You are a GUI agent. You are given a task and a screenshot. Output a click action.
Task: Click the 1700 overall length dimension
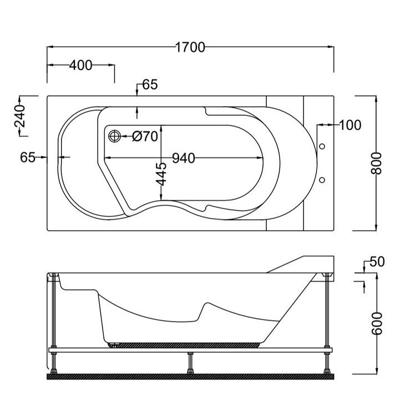point(190,47)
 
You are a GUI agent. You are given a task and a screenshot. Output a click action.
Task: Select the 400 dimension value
point(80,65)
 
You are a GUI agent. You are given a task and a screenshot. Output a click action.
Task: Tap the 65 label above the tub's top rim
point(150,85)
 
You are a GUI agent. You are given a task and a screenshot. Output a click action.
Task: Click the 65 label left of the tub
point(28,158)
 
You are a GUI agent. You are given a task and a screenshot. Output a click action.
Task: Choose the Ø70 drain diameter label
point(146,136)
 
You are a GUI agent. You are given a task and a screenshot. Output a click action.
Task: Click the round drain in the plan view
point(115,136)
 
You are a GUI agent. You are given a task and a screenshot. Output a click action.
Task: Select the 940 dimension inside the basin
point(183,158)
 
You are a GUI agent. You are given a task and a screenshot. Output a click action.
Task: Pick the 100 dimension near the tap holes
point(349,125)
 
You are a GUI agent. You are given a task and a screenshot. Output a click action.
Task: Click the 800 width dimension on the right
point(377,163)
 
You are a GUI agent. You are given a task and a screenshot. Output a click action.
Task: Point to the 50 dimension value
point(377,262)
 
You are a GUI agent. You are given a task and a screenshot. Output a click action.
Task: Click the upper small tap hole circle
point(322,147)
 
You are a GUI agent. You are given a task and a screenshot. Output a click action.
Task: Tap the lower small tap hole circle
point(322,180)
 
